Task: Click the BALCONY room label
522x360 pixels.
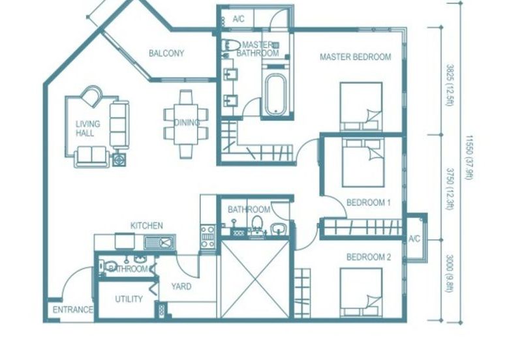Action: click(166, 53)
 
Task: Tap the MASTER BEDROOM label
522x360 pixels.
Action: click(355, 57)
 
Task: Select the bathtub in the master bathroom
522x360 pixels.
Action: click(275, 95)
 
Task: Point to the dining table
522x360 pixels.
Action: click(186, 124)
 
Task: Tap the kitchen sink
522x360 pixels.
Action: click(159, 242)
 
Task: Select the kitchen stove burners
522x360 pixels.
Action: click(207, 237)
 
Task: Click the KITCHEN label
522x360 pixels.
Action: click(146, 226)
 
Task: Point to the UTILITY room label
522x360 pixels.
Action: click(129, 299)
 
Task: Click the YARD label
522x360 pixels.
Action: click(181, 286)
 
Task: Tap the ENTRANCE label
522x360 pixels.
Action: click(73, 310)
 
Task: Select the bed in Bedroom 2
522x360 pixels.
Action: click(361, 292)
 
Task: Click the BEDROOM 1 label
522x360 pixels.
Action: click(369, 202)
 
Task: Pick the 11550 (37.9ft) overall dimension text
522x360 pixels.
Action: click(469, 158)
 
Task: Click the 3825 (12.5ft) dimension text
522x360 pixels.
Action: click(450, 85)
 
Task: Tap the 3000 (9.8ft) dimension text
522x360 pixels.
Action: click(450, 273)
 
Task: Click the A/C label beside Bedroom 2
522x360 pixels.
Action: click(414, 239)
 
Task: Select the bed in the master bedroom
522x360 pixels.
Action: click(361, 106)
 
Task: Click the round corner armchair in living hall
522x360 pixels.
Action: click(91, 97)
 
